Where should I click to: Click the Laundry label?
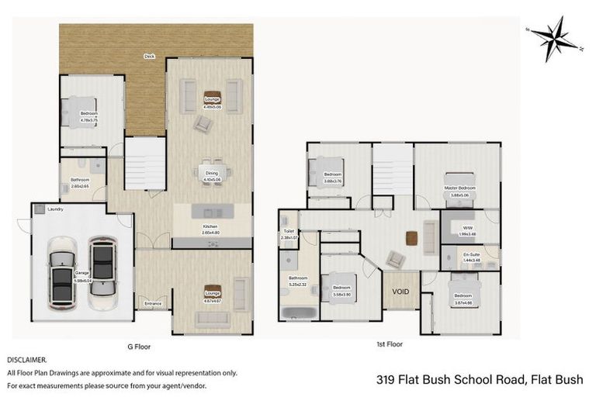click(x=55, y=209)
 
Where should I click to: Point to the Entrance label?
click(x=153, y=303)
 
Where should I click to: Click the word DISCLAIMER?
click(x=27, y=361)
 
